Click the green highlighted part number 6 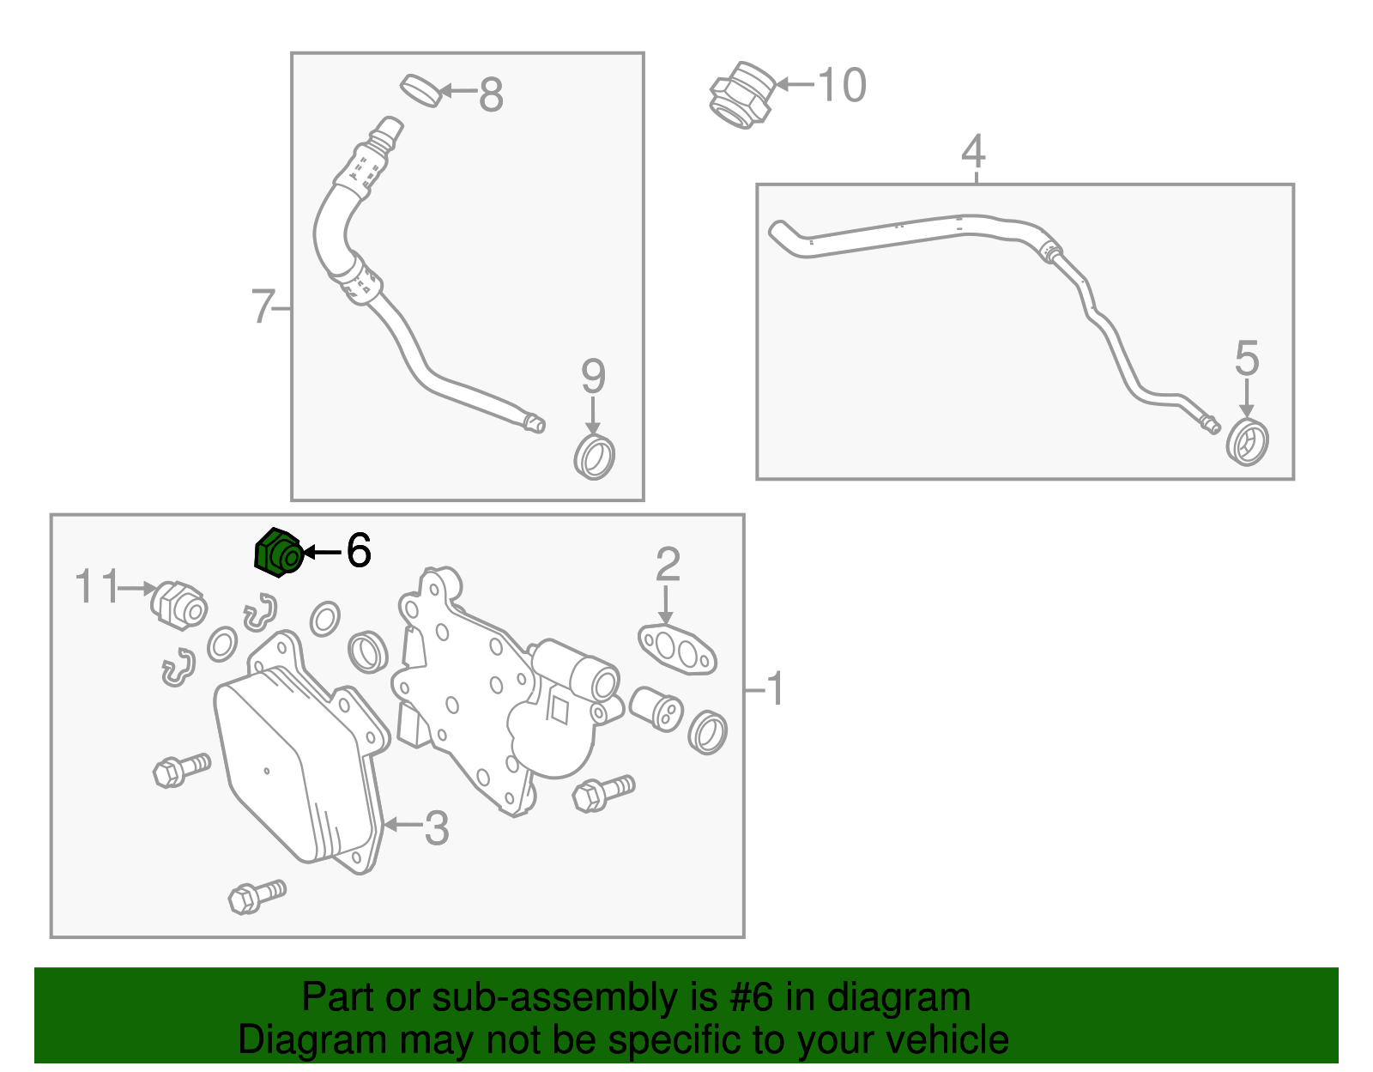[x=279, y=553]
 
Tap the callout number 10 [x=842, y=85]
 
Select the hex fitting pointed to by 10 [x=741, y=94]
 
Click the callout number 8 [x=491, y=94]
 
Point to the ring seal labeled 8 [x=420, y=91]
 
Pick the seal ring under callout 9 [x=595, y=457]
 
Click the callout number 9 [x=593, y=376]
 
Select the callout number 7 [x=263, y=306]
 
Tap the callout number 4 [x=973, y=151]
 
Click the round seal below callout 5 [x=1247, y=442]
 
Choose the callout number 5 [x=1247, y=358]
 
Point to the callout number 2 [x=668, y=564]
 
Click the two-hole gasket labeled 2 [x=677, y=649]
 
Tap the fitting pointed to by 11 [x=178, y=605]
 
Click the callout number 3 [x=437, y=828]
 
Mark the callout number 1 [x=775, y=688]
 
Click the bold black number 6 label [x=358, y=549]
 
